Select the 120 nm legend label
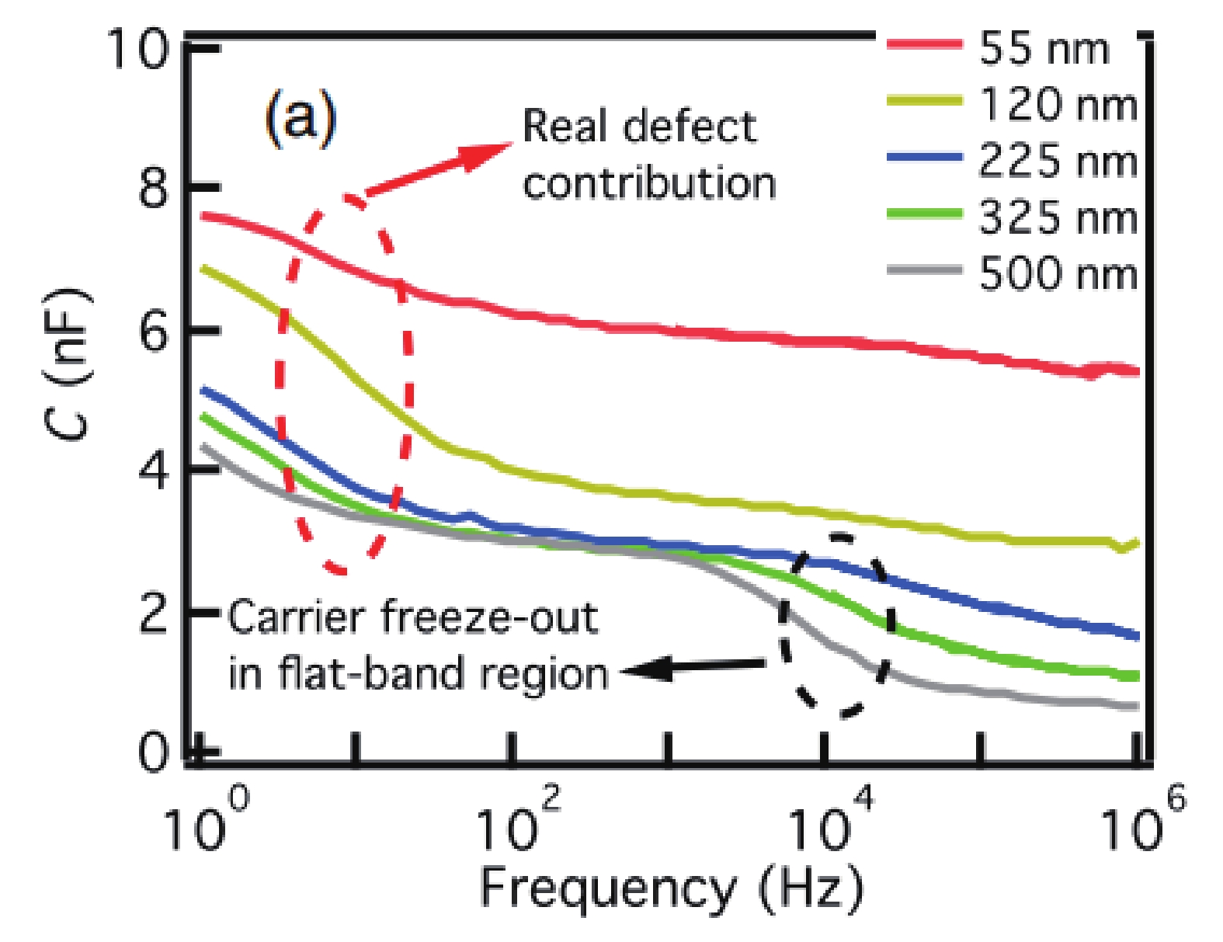[x=1058, y=105]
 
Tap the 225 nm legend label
[x=1058, y=162]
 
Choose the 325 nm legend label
[x=1058, y=217]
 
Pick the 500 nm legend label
[x=1058, y=274]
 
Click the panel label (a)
[x=301, y=119]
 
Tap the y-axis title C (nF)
[x=68, y=363]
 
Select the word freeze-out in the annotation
[x=489, y=618]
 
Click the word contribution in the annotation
[x=649, y=184]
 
